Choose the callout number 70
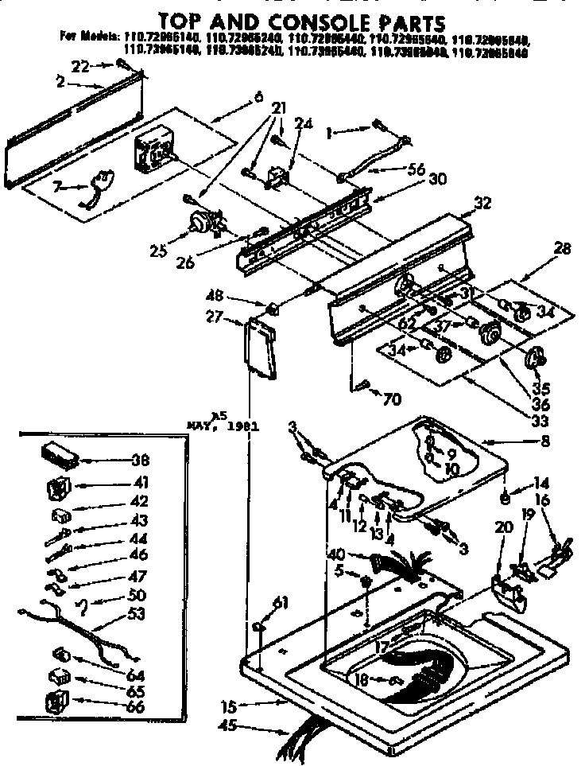coord(393,399)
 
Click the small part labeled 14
coord(504,499)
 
